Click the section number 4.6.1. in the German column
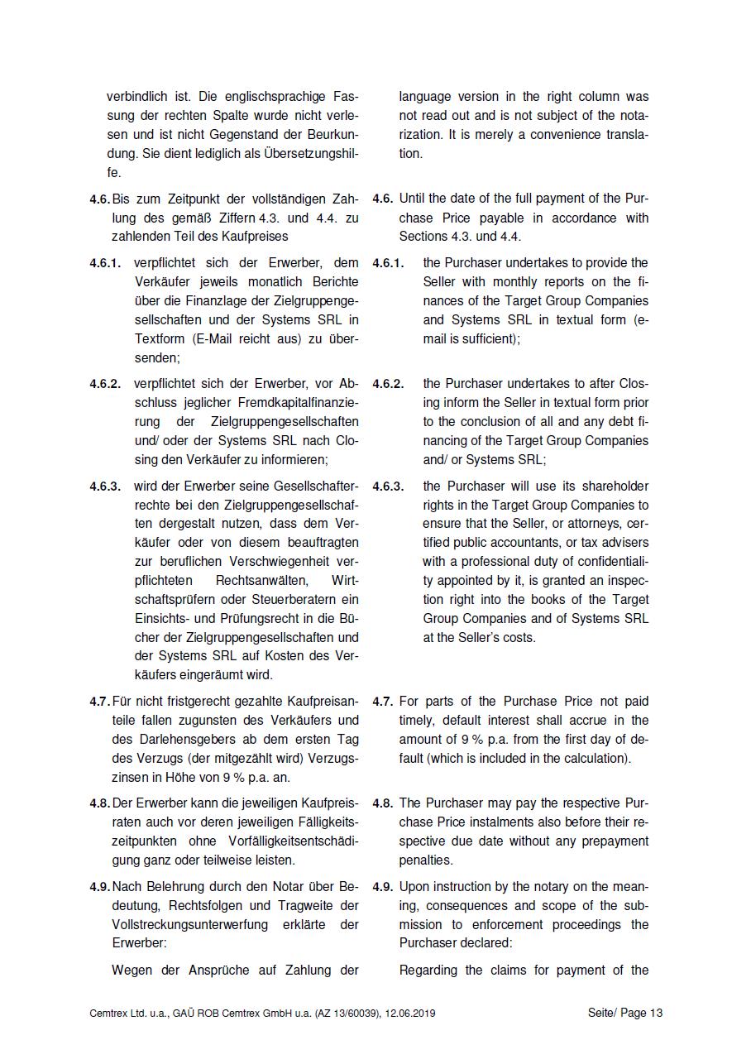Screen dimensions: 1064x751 (106, 263)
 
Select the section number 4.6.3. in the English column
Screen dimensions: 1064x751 (388, 486)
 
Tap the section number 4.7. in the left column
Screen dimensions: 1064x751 (99, 702)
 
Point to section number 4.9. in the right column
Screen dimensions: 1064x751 (382, 887)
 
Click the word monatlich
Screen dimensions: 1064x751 (246, 282)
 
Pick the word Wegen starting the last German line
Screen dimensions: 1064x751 (132, 971)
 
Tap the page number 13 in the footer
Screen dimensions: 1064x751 (656, 1013)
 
